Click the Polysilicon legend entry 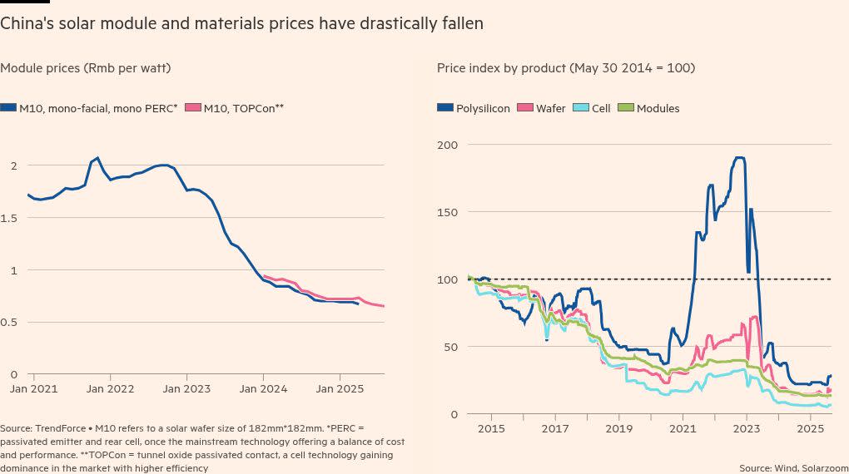click(474, 108)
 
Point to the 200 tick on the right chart click(448, 145)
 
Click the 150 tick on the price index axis click(448, 212)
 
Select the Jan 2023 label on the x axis click(186, 388)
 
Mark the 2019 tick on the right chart click(618, 428)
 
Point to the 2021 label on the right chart click(683, 428)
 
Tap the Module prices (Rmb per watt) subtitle click(86, 68)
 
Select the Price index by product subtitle click(566, 68)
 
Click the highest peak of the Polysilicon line click(738, 157)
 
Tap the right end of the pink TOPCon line click(384, 306)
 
